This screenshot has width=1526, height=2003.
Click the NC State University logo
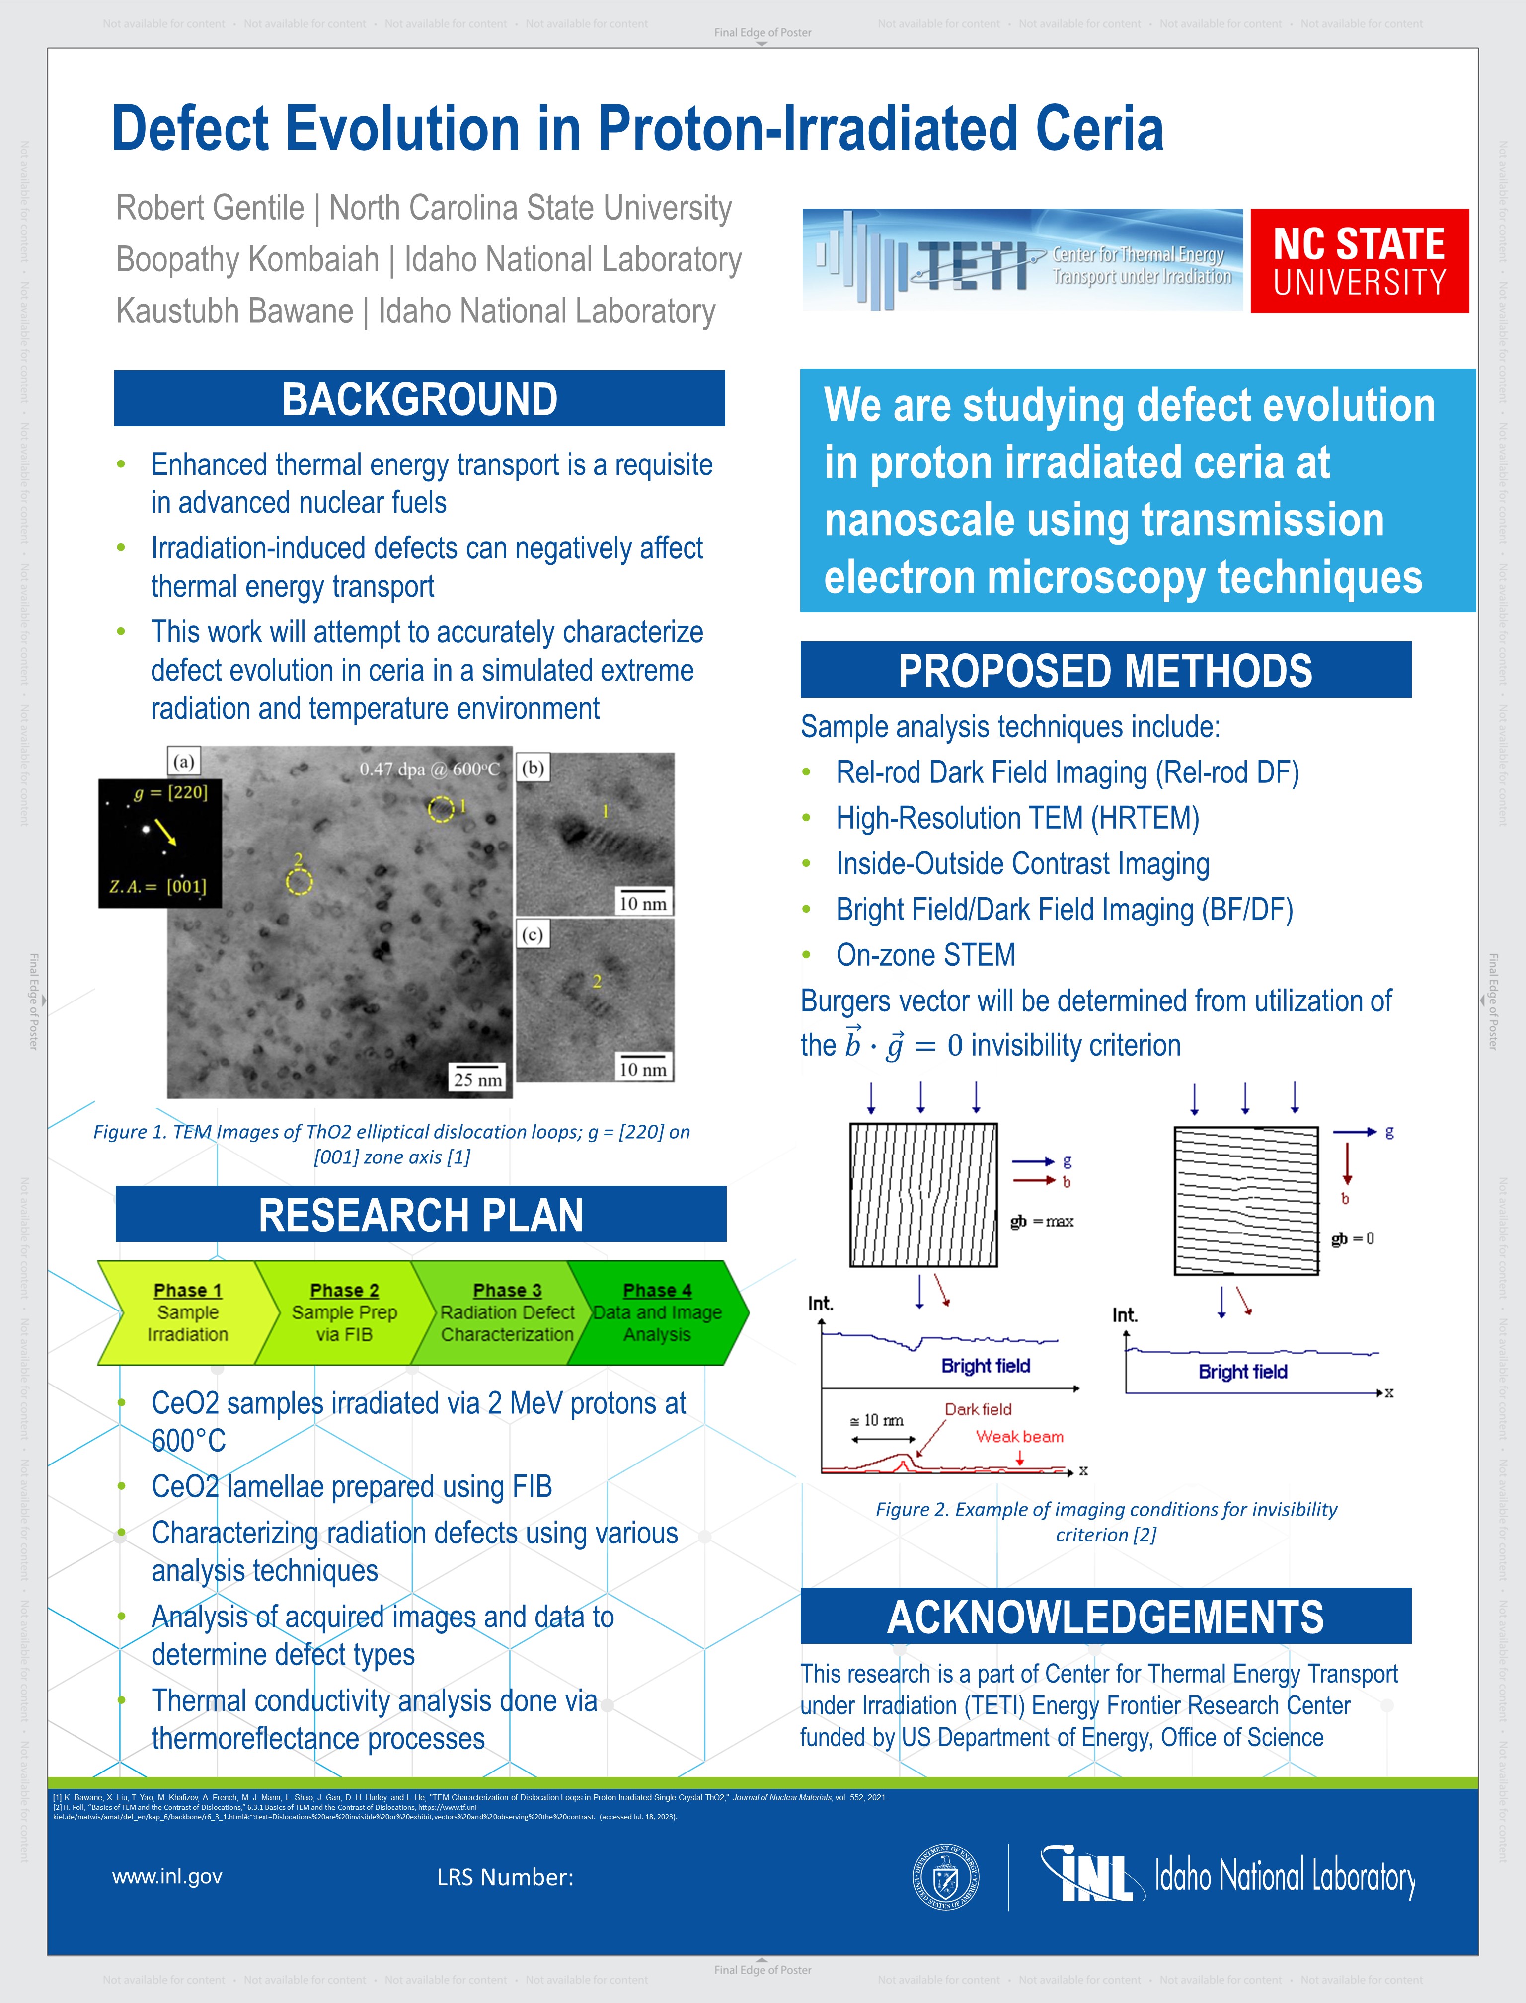coord(1359,262)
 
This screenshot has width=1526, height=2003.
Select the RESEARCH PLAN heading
coord(421,1215)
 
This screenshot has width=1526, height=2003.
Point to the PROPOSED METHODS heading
coord(1105,670)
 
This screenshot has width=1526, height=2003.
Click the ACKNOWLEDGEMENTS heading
coord(1105,1617)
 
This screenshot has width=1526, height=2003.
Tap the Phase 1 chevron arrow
coord(182,1312)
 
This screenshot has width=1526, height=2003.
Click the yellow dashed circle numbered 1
coord(441,809)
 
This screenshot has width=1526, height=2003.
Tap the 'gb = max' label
coord(1042,1222)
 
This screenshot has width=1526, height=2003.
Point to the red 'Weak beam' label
coord(1019,1436)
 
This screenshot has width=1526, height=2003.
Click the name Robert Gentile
coord(210,208)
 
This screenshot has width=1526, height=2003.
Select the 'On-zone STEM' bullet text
coord(925,955)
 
